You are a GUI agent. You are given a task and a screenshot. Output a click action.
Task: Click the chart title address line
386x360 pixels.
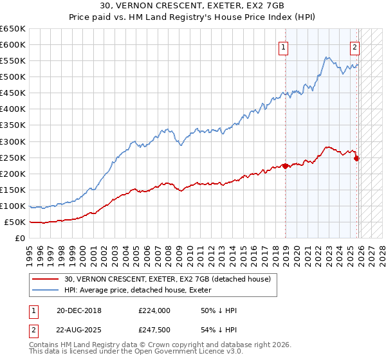[192, 7]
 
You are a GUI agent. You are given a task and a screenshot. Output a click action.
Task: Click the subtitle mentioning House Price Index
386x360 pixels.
[192, 18]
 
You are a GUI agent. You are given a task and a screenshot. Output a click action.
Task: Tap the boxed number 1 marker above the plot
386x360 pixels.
[283, 46]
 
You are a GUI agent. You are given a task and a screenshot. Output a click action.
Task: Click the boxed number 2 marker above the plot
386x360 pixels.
[354, 46]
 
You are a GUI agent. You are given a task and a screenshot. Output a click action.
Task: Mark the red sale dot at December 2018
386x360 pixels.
[286, 166]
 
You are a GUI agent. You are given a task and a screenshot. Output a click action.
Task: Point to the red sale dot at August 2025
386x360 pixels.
[357, 158]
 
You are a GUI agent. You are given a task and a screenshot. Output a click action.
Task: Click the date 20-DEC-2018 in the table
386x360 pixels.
[84, 310]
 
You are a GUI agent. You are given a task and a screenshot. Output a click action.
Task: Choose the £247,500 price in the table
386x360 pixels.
[154, 330]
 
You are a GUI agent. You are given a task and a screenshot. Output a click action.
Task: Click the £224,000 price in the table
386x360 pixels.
[154, 310]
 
